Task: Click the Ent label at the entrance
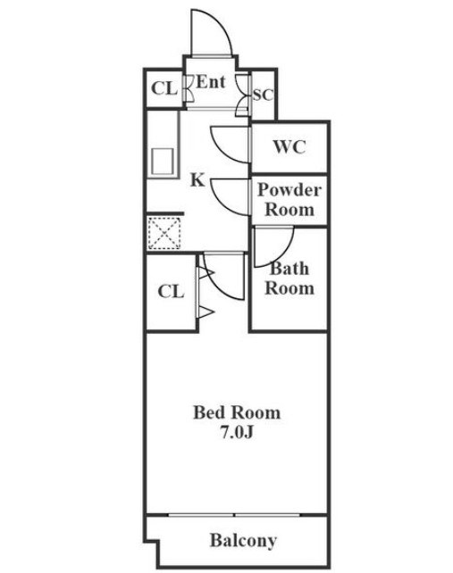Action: (211, 82)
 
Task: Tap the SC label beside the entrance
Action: (263, 95)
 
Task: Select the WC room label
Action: (289, 147)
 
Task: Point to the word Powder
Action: (289, 189)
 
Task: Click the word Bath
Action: (289, 269)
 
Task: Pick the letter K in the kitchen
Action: (197, 179)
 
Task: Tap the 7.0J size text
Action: (237, 433)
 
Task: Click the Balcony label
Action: (243, 541)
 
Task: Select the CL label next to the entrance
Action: (164, 88)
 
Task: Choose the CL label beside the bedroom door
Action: (171, 292)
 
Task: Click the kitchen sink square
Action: (163, 162)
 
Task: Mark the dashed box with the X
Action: (164, 233)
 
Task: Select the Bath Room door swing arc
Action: (283, 255)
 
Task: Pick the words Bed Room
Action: (237, 412)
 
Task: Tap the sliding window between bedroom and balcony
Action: (234, 515)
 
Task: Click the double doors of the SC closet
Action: (243, 95)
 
